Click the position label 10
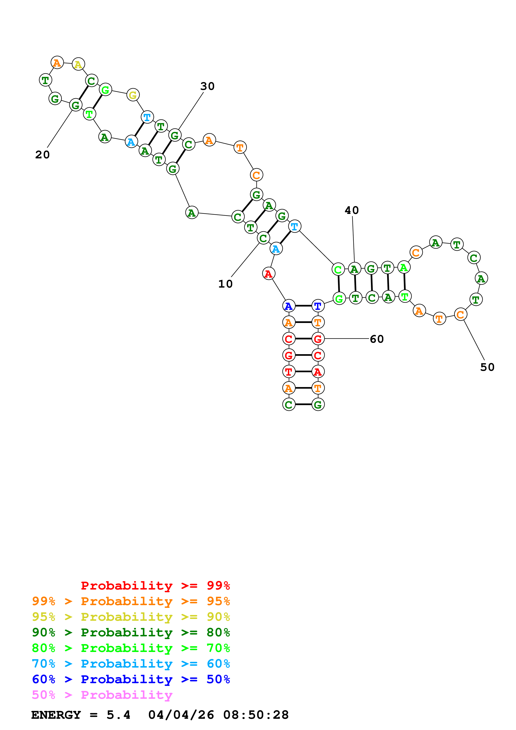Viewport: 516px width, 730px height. pyautogui.click(x=225, y=284)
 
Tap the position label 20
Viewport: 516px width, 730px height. pyautogui.click(x=42, y=155)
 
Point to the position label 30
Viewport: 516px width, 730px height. pyautogui.click(x=207, y=86)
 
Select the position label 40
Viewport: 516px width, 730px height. pyautogui.click(x=352, y=210)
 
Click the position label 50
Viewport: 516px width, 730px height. pyautogui.click(x=487, y=367)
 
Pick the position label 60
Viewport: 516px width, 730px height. pyautogui.click(x=377, y=339)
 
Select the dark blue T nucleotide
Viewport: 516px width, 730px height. pyautogui.click(x=318, y=306)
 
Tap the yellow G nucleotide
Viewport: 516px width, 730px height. pyautogui.click(x=133, y=95)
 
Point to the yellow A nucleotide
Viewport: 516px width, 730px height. pyautogui.click(x=78, y=64)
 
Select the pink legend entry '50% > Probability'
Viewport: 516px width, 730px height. pyautogui.click(x=102, y=695)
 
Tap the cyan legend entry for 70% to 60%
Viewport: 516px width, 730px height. pyautogui.click(x=131, y=664)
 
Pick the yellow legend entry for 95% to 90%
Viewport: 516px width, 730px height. pyautogui.click(x=131, y=617)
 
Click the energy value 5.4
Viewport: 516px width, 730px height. pyautogui.click(x=118, y=715)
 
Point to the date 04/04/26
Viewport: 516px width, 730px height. pyautogui.click(x=181, y=715)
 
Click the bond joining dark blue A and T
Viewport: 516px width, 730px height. pyautogui.click(x=303, y=306)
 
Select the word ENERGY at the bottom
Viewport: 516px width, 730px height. pyautogui.click(x=56, y=715)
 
